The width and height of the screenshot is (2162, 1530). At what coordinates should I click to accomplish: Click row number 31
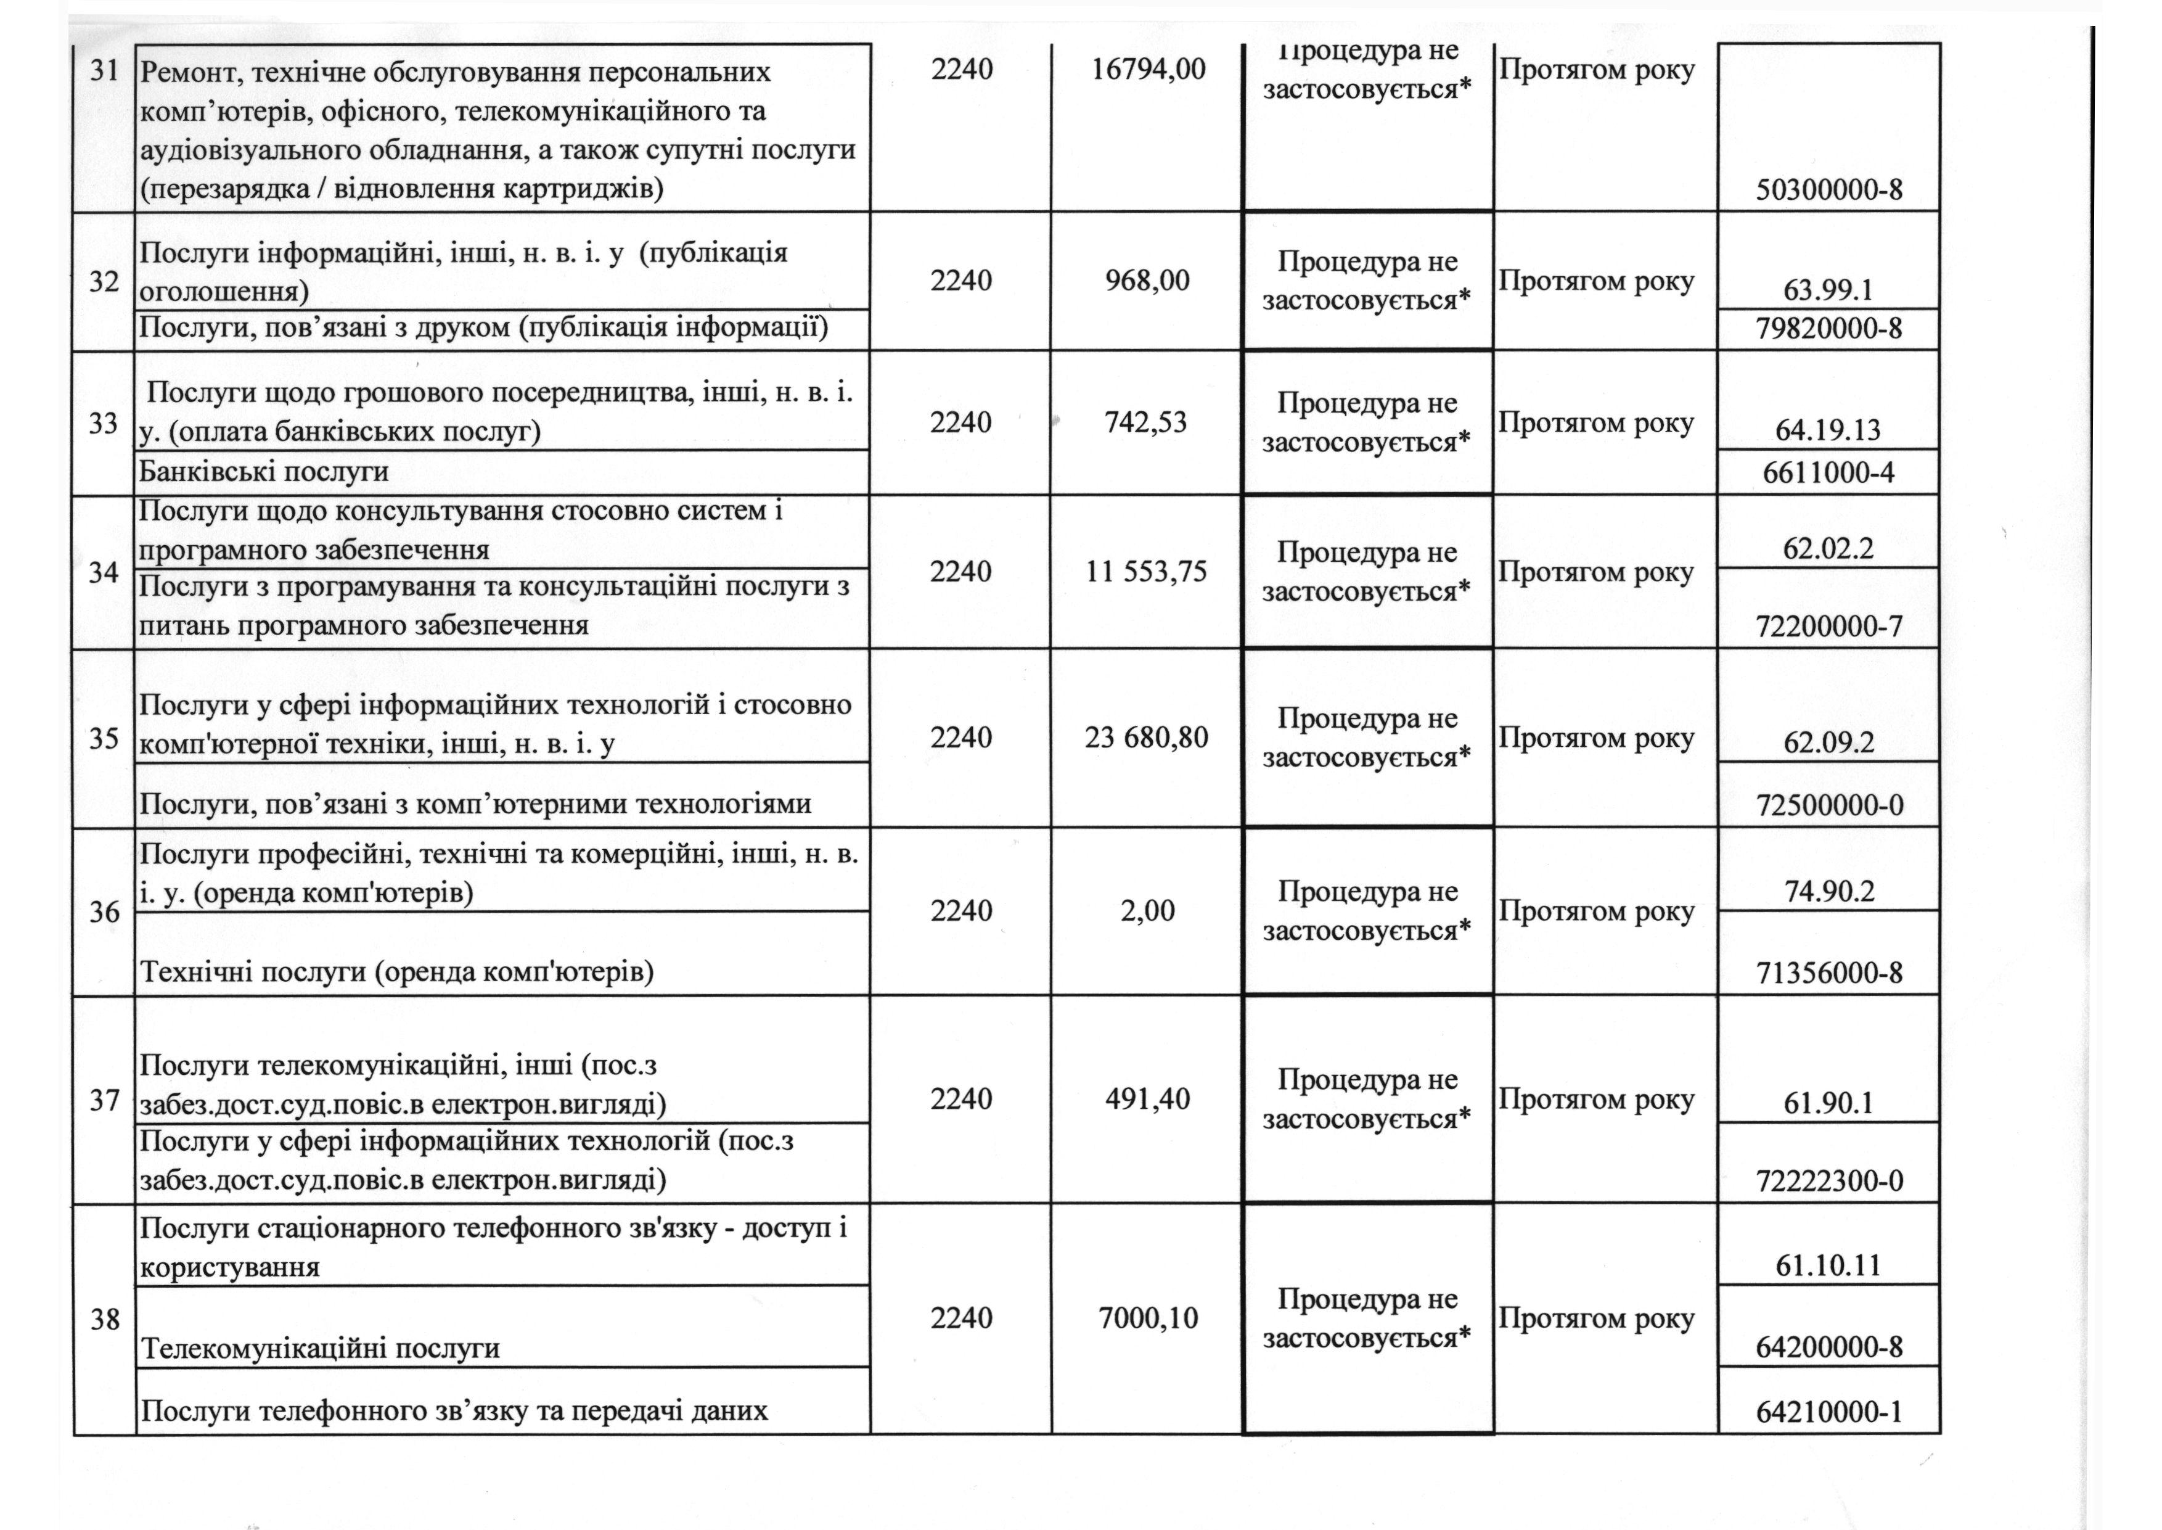[104, 72]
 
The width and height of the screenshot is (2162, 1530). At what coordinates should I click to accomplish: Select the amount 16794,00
[1148, 70]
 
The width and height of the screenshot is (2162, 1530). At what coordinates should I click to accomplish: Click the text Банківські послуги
[264, 471]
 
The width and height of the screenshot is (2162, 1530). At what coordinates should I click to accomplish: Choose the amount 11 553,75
[1146, 572]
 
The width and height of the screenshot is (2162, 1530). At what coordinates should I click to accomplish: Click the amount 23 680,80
[1146, 737]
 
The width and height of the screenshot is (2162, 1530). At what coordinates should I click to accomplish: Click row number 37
[104, 1100]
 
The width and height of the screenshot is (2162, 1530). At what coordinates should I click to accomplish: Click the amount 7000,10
[1148, 1318]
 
